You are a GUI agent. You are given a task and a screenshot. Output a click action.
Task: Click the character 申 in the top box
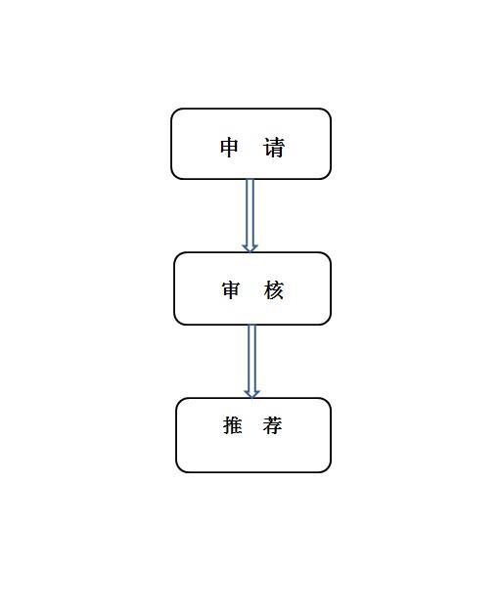pos(229,148)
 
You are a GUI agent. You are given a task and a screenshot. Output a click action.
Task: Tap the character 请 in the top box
pos(274,148)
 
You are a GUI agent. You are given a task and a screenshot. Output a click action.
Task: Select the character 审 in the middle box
pos(231,290)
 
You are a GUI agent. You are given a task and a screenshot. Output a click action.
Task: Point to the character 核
pos(274,290)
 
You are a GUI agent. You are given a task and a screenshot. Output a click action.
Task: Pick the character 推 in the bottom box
pos(233,425)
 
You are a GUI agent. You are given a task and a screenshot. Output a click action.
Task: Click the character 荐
pos(273,425)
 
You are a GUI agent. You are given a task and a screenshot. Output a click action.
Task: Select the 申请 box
pos(250,144)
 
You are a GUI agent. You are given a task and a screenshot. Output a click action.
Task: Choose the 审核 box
pos(252,288)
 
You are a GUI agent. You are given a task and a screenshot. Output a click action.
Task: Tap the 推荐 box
pos(253,435)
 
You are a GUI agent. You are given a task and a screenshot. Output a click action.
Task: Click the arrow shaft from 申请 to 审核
pos(250,212)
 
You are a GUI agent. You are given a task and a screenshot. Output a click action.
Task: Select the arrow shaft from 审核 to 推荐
pos(252,358)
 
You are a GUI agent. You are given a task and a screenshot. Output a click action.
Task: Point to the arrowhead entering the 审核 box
pos(250,248)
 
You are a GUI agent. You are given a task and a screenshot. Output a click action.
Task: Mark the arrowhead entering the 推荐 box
pos(252,394)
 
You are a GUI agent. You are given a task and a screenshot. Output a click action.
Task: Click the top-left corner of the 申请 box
pos(172,110)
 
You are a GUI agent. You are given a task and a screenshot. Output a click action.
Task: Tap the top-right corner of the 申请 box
pos(330,110)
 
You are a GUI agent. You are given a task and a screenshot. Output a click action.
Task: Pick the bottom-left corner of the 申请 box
pos(172,178)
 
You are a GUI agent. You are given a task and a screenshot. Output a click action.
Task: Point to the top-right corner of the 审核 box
pos(330,253)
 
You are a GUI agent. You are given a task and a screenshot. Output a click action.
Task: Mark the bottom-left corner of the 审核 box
pos(175,324)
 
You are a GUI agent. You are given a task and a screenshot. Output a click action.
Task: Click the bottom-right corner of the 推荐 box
pos(330,471)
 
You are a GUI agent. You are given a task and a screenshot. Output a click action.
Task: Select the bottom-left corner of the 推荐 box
pos(177,471)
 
